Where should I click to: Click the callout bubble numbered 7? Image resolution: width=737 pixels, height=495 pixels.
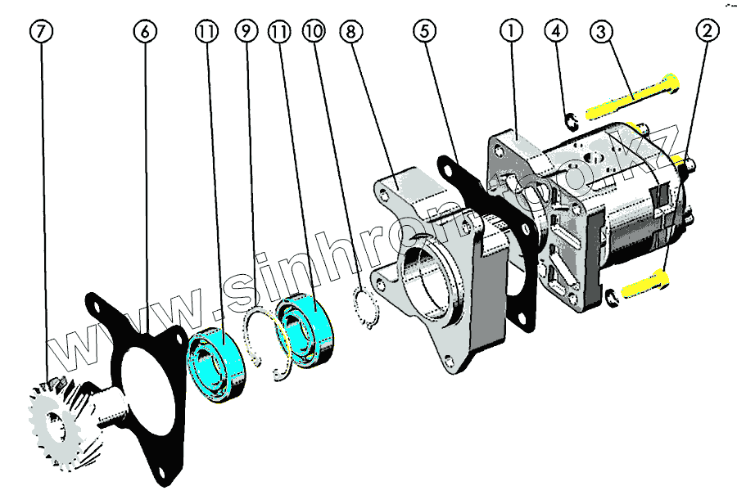coord(43,31)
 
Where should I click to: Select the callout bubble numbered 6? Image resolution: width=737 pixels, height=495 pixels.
coord(145,31)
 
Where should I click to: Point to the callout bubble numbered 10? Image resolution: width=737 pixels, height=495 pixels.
coord(313,31)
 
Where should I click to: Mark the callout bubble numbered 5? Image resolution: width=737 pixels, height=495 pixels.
coord(424,31)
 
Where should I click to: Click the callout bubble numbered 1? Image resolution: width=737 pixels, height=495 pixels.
coord(511,31)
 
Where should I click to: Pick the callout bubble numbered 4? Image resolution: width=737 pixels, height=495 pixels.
coord(556,31)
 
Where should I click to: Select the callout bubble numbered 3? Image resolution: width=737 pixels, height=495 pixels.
coord(602,31)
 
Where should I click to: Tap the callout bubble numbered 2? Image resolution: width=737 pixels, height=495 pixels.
coord(708,31)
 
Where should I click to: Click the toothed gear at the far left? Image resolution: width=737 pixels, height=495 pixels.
coord(53,421)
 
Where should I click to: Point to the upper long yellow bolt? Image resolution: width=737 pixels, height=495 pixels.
coord(631,97)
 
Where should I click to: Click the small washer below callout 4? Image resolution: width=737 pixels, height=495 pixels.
coord(572,122)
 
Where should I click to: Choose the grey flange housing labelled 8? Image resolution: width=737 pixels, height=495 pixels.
coord(430,270)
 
